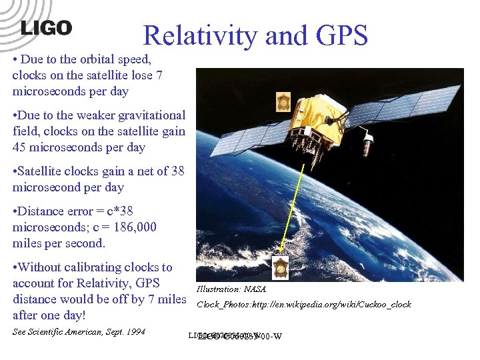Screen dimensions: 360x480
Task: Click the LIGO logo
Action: point(46,28)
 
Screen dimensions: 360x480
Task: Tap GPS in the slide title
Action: point(338,36)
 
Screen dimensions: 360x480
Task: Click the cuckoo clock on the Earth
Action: point(281,268)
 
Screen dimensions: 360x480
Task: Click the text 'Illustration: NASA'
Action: point(231,289)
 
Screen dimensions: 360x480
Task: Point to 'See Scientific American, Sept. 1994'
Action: point(79,332)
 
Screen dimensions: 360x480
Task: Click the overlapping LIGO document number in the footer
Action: point(235,335)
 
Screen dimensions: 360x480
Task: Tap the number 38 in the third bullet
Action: point(177,171)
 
